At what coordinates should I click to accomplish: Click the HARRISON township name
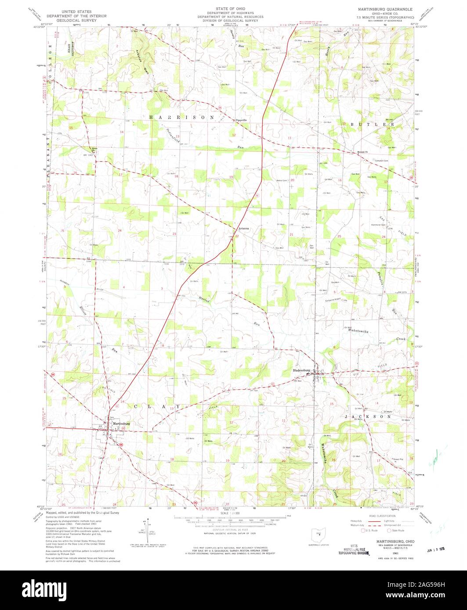tap(181, 118)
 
